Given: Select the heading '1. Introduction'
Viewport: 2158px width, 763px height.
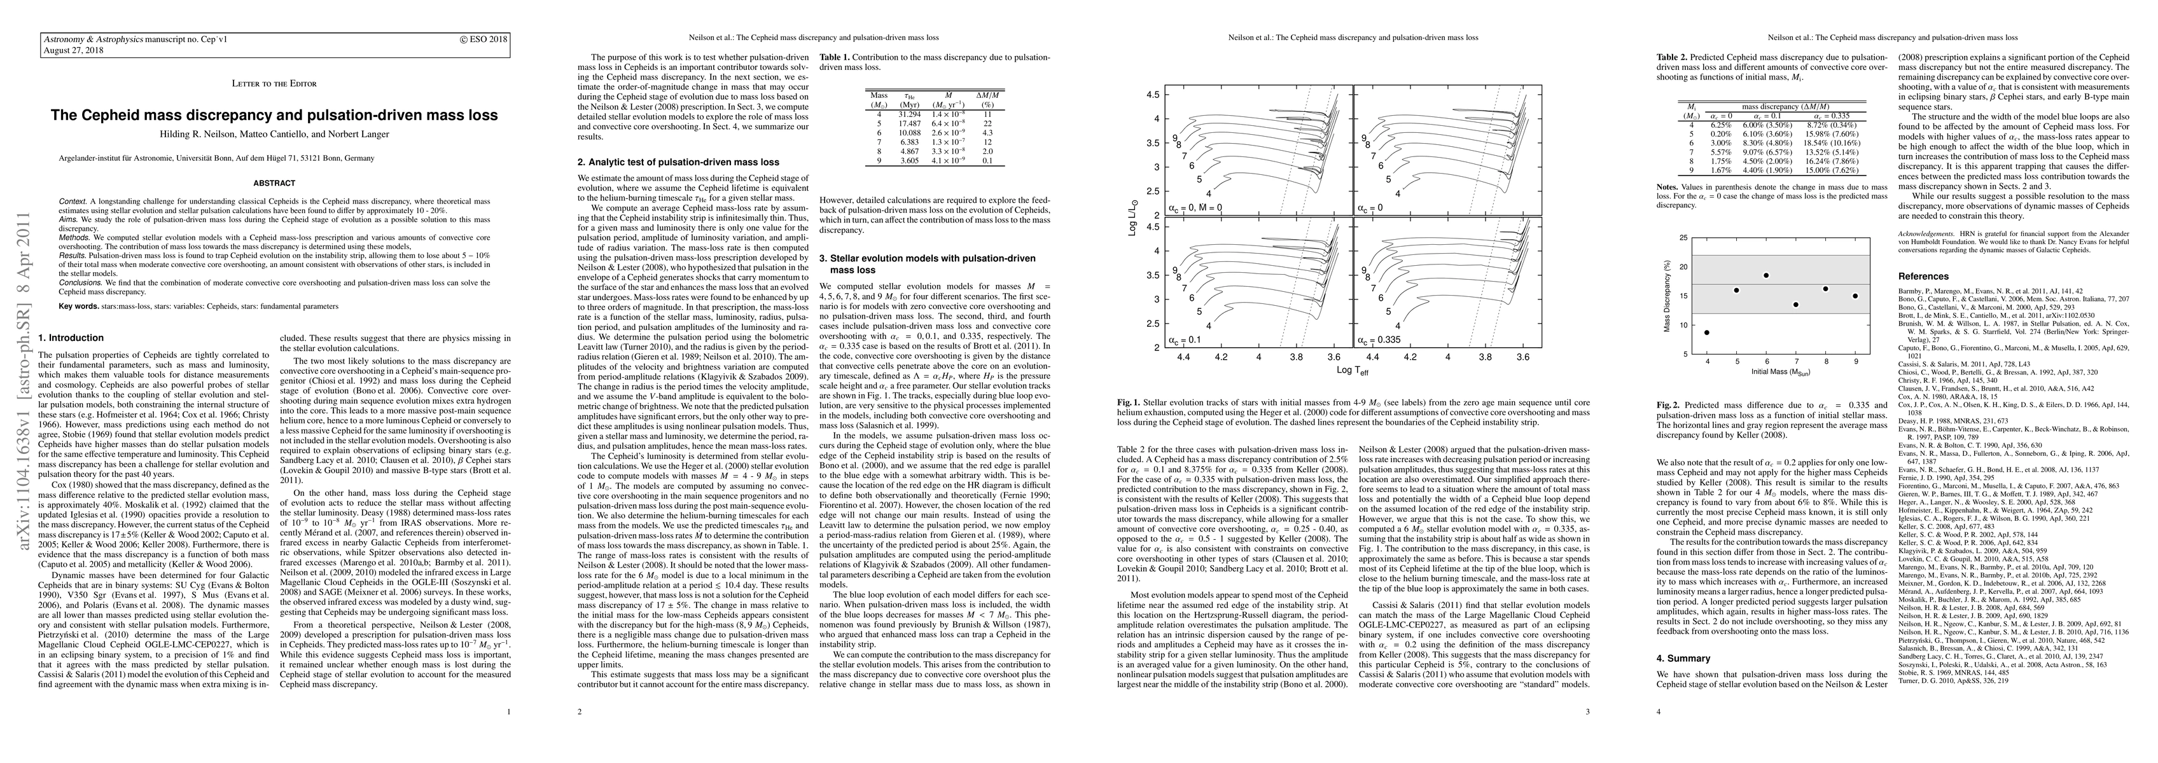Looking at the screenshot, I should coord(71,338).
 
